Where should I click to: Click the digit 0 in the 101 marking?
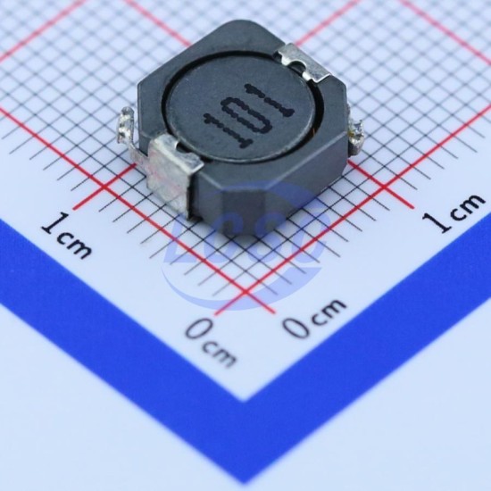coord(245,113)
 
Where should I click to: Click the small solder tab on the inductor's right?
coord(356,137)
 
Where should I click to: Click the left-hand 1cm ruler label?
coord(67,236)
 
